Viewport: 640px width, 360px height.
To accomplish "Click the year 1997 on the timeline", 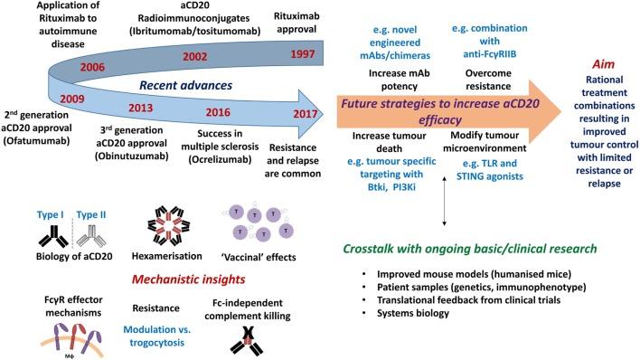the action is click(x=303, y=54).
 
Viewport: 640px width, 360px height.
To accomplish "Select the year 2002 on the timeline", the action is click(x=194, y=56).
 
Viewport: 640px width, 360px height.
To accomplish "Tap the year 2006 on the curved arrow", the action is click(x=92, y=67).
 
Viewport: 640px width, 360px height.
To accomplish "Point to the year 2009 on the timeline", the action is click(x=72, y=99).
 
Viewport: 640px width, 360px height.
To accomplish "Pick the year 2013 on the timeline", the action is click(x=140, y=109).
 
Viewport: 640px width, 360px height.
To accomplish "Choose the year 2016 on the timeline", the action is click(x=218, y=112).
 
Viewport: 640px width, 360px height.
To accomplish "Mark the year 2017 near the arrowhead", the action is click(x=305, y=114).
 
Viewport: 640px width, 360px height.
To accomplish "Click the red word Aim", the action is click(x=603, y=64).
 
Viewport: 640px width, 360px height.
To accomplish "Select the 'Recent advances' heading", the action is click(x=185, y=85).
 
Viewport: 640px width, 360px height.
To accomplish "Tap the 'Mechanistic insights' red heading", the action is click(x=189, y=279).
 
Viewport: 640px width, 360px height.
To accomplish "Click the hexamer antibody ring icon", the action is click(x=168, y=226).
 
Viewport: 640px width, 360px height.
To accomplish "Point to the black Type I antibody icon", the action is click(x=53, y=236).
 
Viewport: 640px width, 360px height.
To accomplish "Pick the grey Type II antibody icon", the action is click(x=91, y=236).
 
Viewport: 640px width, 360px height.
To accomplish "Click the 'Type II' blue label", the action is click(x=91, y=214).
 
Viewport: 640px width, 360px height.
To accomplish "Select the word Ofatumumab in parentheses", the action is click(x=36, y=141).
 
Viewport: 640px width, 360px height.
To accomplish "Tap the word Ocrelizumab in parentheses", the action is click(x=220, y=159).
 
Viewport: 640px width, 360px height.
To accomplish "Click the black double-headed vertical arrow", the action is click(x=444, y=201).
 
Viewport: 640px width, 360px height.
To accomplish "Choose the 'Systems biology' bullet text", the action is click(x=412, y=313).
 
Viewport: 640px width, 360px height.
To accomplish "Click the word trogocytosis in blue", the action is click(x=156, y=343).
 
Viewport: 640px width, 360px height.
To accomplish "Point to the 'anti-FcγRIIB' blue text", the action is click(x=489, y=54).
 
